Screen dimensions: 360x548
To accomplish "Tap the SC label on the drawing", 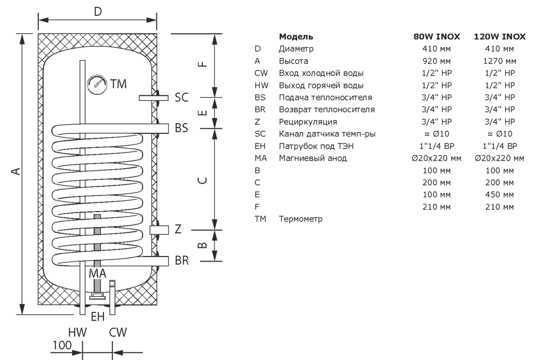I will pyautogui.click(x=182, y=98).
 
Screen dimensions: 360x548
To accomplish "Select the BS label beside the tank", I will pyautogui.click(x=182, y=128).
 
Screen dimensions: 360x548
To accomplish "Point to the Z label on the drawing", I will pyautogui.click(x=178, y=230).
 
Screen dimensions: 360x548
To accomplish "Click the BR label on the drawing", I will pyautogui.click(x=182, y=261).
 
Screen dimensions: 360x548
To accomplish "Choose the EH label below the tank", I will pyautogui.click(x=97, y=317).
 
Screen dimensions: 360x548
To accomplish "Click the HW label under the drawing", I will pyautogui.click(x=78, y=333).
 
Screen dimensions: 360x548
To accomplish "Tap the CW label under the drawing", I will pyautogui.click(x=118, y=333).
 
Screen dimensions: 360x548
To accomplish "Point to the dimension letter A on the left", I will pyautogui.click(x=16, y=173).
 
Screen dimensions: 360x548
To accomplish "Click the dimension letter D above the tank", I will pyautogui.click(x=97, y=11).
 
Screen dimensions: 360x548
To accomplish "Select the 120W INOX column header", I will pyautogui.click(x=500, y=37).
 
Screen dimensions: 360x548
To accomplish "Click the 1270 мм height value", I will pyautogui.click(x=500, y=62).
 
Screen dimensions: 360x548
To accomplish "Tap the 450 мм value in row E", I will pyautogui.click(x=500, y=194).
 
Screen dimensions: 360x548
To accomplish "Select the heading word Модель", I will pyautogui.click(x=296, y=37).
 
